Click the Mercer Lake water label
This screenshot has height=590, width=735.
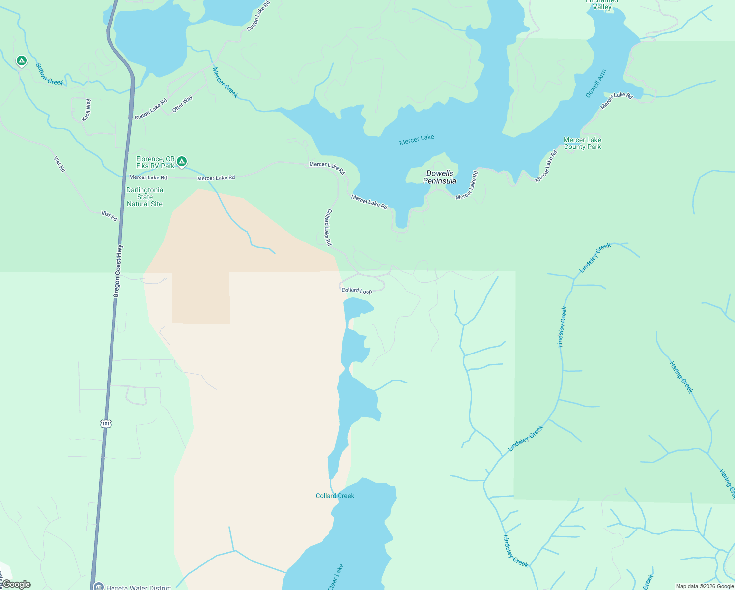[417, 140]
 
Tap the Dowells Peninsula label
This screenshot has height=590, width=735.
[440, 177]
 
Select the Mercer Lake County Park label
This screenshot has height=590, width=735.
[582, 143]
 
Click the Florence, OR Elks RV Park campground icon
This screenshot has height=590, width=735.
[182, 161]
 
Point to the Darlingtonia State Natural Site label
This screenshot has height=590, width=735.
[144, 197]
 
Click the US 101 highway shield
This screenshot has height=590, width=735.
[106, 423]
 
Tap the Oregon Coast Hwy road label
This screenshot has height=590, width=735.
[118, 270]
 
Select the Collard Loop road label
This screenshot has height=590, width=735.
[357, 291]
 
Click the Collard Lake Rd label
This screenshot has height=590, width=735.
[328, 227]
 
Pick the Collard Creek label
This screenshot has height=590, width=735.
[335, 496]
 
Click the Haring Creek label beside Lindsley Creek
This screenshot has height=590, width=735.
[681, 377]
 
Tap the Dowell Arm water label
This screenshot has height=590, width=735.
[596, 84]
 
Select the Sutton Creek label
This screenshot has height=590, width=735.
[49, 74]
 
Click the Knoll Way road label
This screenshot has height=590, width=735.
[86, 110]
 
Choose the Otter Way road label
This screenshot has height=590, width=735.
[182, 104]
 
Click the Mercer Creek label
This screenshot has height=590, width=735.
[225, 83]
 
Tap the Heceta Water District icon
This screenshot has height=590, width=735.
[98, 587]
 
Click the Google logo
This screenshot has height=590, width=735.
[16, 584]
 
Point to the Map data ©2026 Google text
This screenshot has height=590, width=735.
[705, 586]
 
